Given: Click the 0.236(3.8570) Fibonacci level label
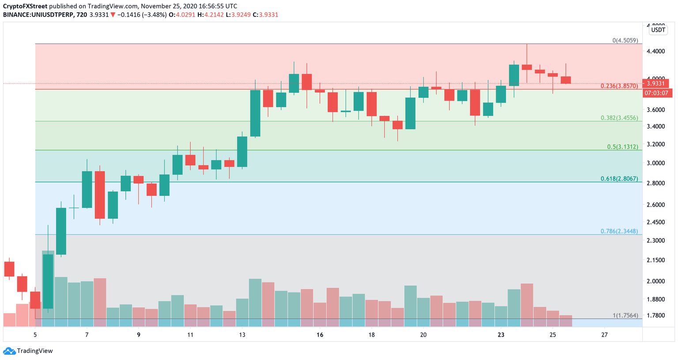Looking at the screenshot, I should (619, 86).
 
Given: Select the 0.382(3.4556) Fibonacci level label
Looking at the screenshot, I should (619, 118).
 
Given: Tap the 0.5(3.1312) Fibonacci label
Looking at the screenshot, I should (622, 147).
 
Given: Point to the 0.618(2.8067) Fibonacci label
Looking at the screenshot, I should (619, 179).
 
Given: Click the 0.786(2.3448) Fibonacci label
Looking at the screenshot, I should (619, 231).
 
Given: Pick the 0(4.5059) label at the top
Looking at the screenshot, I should (625, 41).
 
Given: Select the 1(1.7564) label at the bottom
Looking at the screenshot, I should (625, 315).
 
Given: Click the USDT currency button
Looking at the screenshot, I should (658, 30).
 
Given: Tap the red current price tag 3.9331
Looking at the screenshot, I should (657, 83).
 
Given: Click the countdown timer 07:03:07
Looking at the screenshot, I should (657, 93).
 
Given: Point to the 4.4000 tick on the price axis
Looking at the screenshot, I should (655, 52).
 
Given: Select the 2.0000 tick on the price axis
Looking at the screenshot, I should (655, 281).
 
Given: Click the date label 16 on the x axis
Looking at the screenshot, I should (320, 335).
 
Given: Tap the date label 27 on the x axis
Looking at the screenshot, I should (604, 335).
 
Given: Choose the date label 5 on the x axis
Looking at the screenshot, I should (35, 335).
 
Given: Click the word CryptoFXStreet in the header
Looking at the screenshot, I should (25, 6).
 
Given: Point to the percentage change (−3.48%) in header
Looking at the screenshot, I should (154, 15).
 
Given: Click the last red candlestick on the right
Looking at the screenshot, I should (566, 80).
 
